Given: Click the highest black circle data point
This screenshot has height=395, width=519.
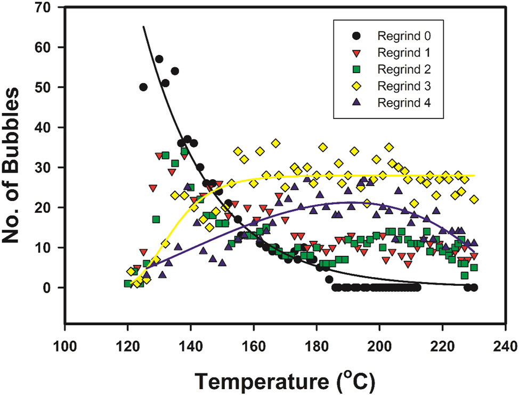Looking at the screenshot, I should click(159, 59).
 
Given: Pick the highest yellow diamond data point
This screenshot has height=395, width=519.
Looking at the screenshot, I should click(275, 143).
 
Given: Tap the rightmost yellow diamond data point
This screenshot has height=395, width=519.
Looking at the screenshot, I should click(474, 199).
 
